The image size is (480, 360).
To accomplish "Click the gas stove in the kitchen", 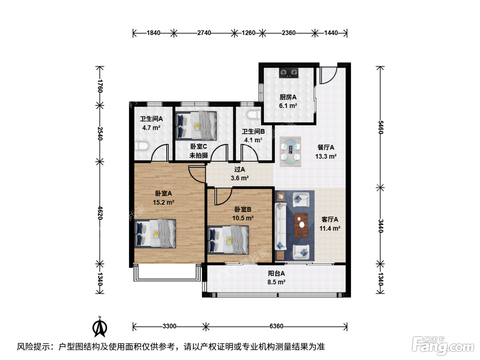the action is tap(289, 73).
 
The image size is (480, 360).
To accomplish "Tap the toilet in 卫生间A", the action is tap(142, 146).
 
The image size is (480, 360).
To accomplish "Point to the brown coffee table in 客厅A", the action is tap(301, 225).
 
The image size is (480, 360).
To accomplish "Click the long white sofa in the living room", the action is tap(280, 226).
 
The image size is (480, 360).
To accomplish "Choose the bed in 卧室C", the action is tap(196, 126).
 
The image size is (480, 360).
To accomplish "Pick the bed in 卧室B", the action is tap(228, 240).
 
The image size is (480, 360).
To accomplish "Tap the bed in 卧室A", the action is tap(155, 234).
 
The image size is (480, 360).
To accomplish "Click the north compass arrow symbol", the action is tap(100, 327).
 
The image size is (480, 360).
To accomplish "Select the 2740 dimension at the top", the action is tap(204, 33).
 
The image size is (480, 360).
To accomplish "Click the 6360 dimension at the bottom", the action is tap(276, 326).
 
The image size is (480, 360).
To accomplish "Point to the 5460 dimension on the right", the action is tap(381, 127).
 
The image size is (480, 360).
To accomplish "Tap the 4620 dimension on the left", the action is tap(100, 213).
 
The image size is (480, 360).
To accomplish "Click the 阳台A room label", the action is tap(276, 273).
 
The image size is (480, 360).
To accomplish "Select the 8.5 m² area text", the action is tap(276, 282).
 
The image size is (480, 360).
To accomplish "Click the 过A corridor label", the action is tap(240, 169).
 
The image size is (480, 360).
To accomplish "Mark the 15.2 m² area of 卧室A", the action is tap(164, 202).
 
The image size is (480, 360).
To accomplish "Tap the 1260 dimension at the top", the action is tap(249, 33).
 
